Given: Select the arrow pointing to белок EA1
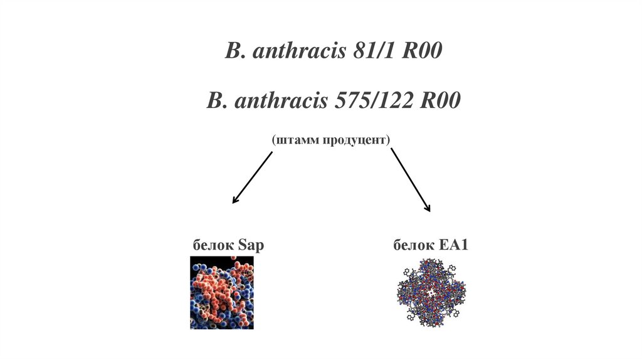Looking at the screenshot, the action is pos(411,179).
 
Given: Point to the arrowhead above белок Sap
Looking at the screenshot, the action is pos(235,200).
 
